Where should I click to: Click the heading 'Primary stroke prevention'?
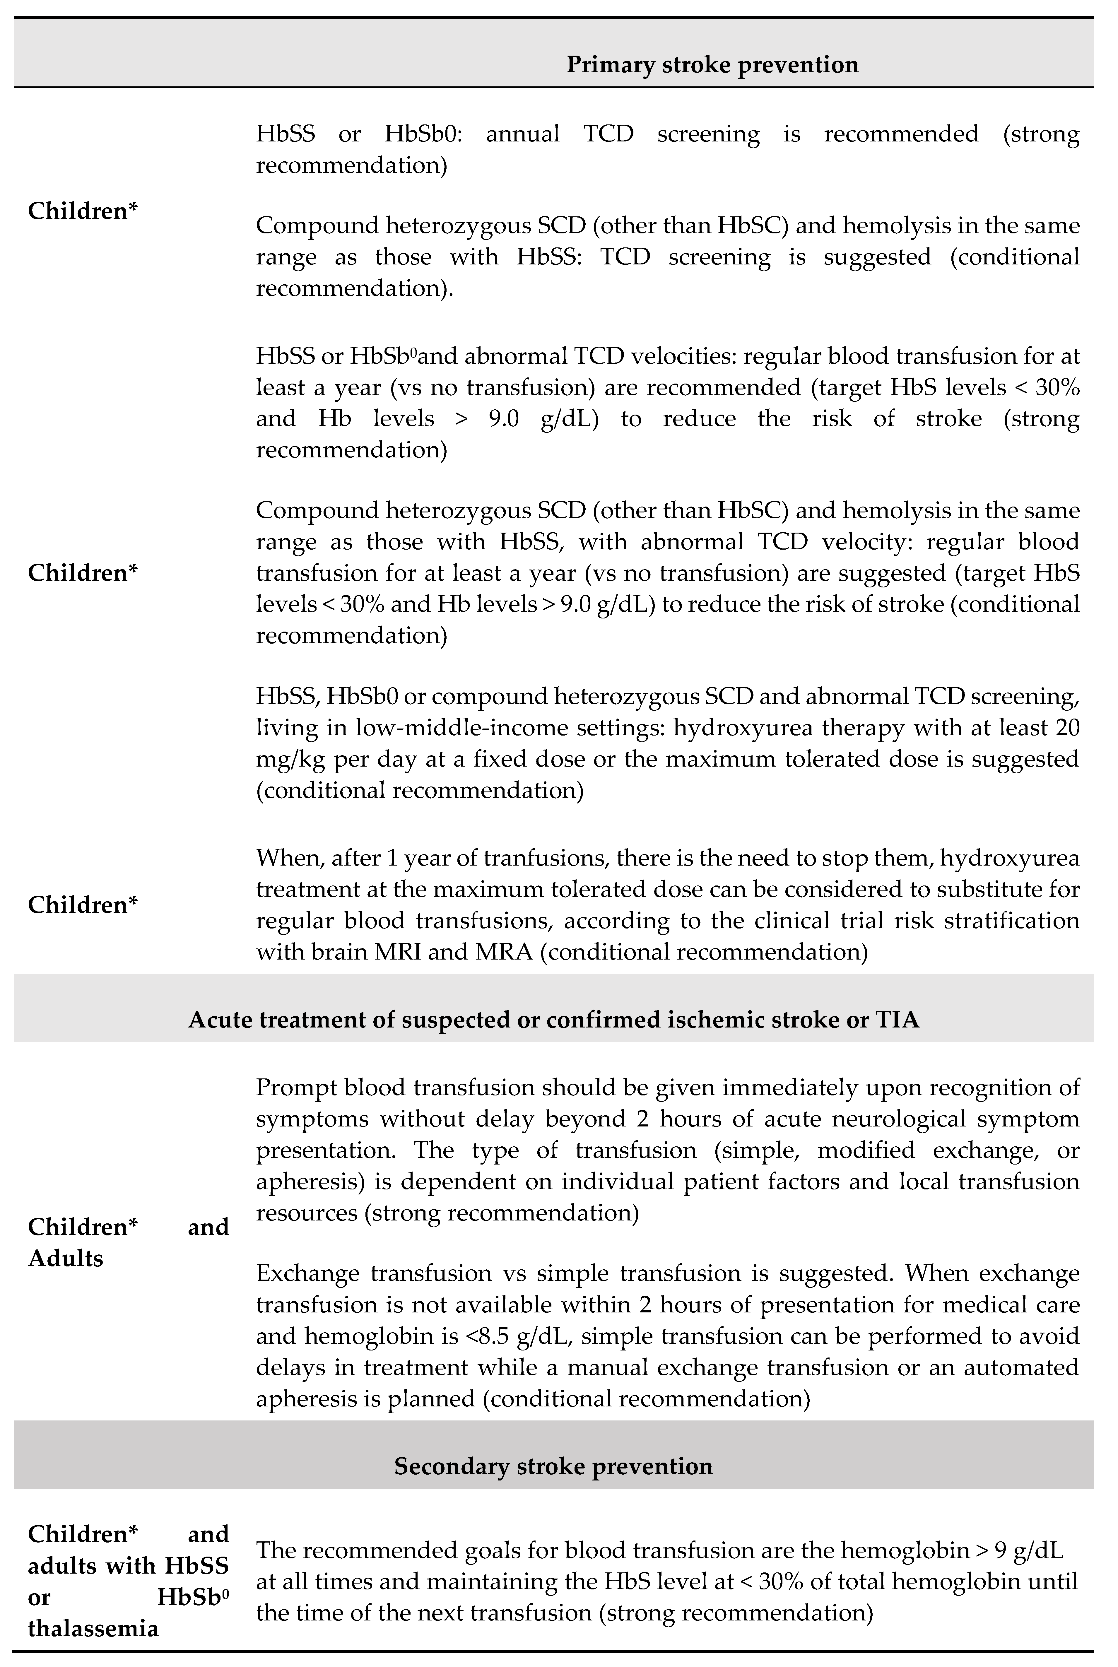(712, 65)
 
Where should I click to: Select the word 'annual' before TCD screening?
(523, 134)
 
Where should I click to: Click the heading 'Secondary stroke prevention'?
(553, 1467)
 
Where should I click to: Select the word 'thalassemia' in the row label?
(93, 1629)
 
